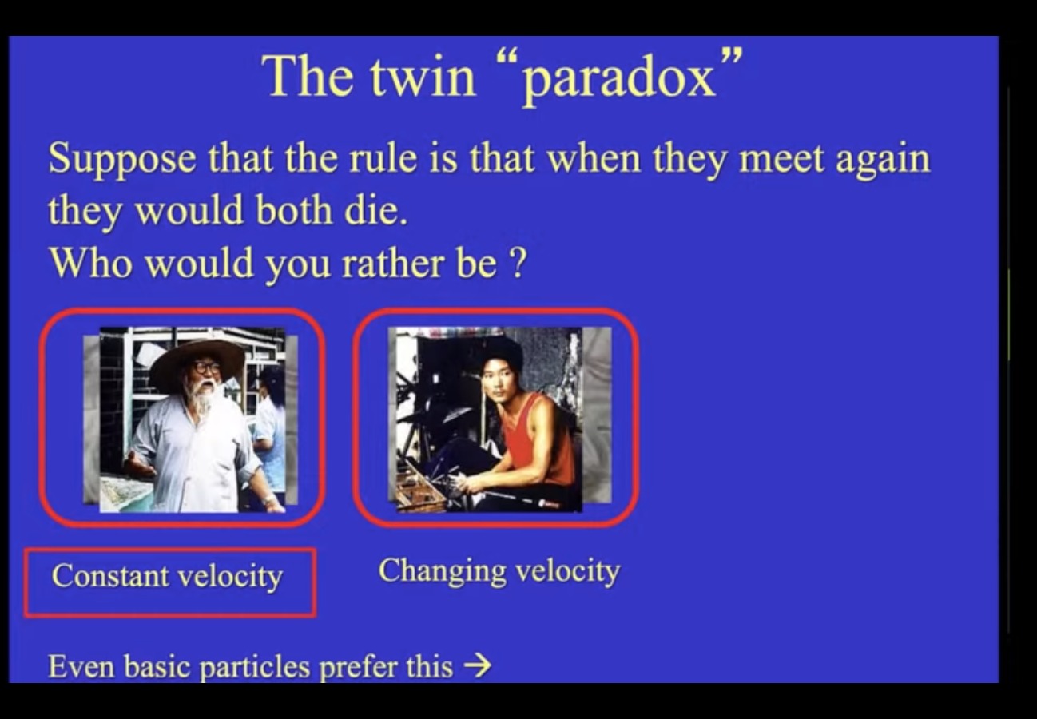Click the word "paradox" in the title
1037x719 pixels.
coord(619,79)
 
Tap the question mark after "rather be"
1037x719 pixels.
coord(518,263)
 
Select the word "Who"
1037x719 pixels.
coord(91,263)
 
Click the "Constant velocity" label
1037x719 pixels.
coord(167,576)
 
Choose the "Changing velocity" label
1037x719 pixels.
coord(499,571)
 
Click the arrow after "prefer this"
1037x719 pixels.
coord(477,666)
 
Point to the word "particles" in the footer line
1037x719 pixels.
coord(255,668)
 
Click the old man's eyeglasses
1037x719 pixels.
coord(206,368)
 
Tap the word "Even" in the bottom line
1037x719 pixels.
coord(81,666)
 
